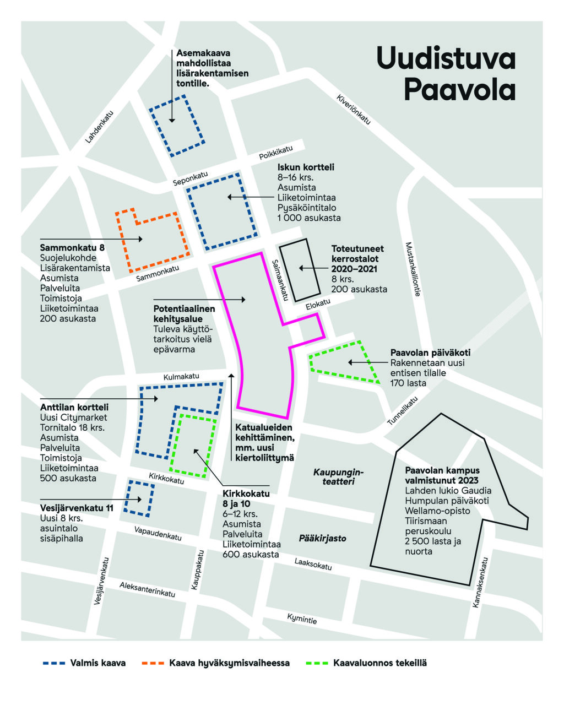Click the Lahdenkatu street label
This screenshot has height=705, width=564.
pos(99,127)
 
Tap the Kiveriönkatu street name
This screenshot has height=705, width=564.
pos(354,110)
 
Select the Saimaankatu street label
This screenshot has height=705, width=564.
pos(280,280)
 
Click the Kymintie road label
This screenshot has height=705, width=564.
pos(302,619)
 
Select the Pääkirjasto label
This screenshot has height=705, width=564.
pos(322,538)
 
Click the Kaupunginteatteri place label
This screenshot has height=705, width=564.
pos(335,476)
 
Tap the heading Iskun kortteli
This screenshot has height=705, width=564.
pos(305,167)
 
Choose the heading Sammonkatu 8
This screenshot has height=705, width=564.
pos(72,248)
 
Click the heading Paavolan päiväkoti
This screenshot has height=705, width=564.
pos(430,352)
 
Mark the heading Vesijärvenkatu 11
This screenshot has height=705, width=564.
pos(77,508)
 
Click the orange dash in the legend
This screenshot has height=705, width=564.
pos(153,663)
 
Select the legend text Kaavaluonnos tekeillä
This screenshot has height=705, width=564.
pos(380,663)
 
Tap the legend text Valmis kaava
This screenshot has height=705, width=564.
pos(97,663)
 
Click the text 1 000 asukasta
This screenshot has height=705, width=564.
pos(308,218)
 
